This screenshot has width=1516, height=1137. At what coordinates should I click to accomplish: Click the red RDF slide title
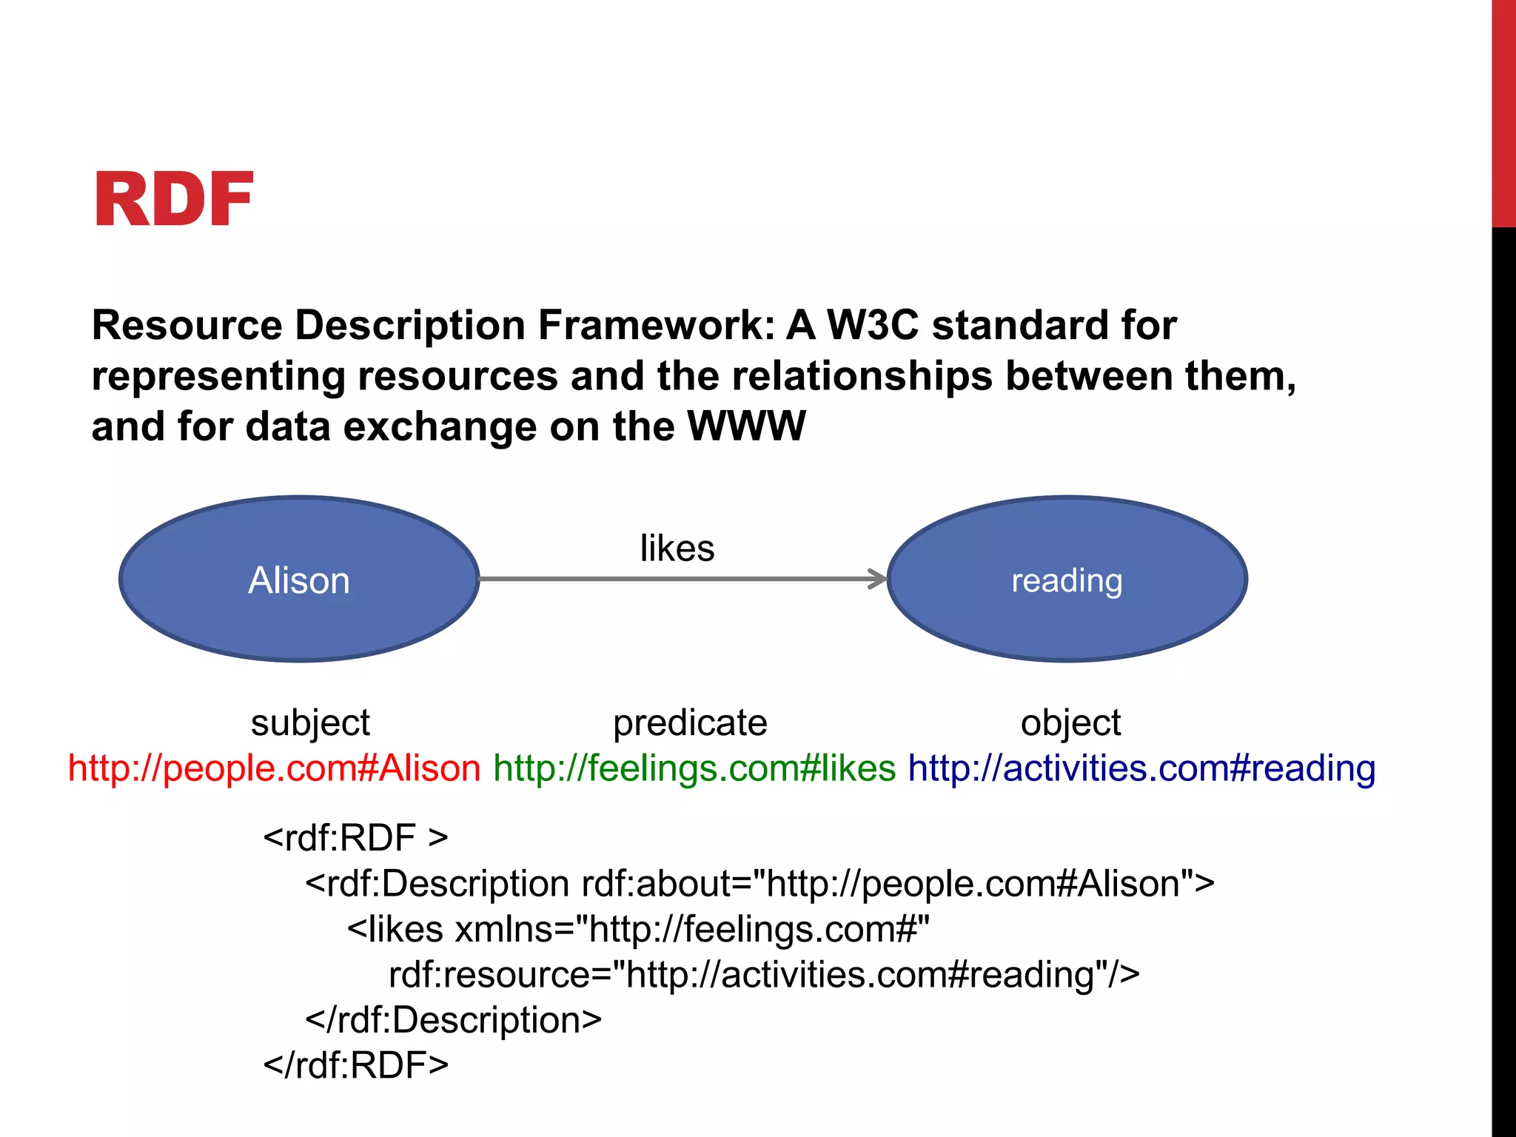[x=174, y=200]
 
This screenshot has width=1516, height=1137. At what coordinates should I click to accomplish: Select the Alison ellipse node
[x=299, y=580]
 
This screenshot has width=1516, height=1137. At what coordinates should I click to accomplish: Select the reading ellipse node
[x=1067, y=580]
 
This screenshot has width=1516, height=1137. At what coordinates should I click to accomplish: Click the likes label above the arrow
[x=677, y=549]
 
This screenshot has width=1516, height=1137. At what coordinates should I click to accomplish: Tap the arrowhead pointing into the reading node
[x=879, y=579]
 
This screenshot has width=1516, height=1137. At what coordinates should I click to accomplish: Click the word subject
[x=310, y=723]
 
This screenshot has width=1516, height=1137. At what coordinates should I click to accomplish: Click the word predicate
[x=690, y=723]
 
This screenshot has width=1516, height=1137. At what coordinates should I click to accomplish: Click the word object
[x=1070, y=723]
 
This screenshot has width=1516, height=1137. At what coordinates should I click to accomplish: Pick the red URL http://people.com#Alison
[x=275, y=768]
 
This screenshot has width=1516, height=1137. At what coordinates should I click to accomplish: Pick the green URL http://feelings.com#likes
[x=694, y=768]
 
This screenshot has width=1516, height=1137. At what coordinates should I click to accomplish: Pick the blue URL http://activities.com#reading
[x=1141, y=768]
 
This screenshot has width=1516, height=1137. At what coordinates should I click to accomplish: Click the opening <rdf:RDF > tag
[x=355, y=838]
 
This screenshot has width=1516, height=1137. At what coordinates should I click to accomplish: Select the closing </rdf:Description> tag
[x=453, y=1020]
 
